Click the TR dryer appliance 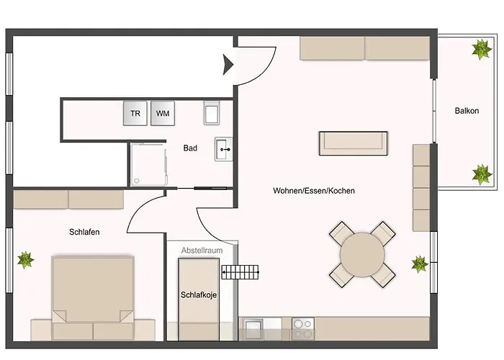point(135,114)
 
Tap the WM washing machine point(163,114)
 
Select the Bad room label point(190,148)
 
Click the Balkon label point(467,111)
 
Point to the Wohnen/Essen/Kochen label point(314,191)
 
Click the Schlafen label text point(84,233)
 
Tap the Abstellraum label point(202,250)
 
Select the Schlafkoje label point(199,295)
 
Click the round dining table point(362,254)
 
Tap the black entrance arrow point(229,65)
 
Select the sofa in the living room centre point(356,143)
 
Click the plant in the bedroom point(26,259)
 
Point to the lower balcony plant point(481,173)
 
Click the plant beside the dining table point(420,264)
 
